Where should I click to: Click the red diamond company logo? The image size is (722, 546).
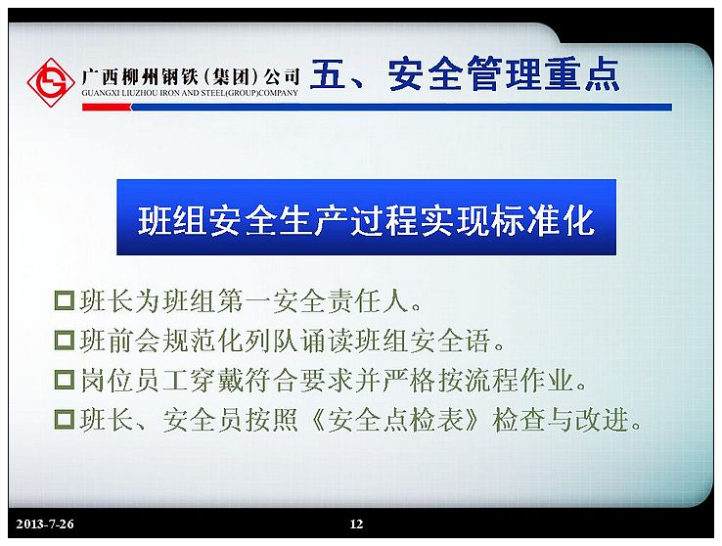point(51,83)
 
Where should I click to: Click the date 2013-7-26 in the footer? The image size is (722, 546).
point(45,523)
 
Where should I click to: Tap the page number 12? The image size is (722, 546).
point(356,523)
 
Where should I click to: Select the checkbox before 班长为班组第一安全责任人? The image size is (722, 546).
point(65,300)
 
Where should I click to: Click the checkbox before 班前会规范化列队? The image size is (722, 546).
point(65,341)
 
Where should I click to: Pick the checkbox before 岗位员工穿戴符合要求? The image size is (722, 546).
point(65,380)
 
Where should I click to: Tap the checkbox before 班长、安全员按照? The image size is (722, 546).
point(65,420)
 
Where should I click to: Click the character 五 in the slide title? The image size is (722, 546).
point(329,73)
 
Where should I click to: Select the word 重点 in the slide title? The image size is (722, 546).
point(582,73)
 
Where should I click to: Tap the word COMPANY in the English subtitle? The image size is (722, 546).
point(280,93)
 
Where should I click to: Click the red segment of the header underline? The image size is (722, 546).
point(107,108)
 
